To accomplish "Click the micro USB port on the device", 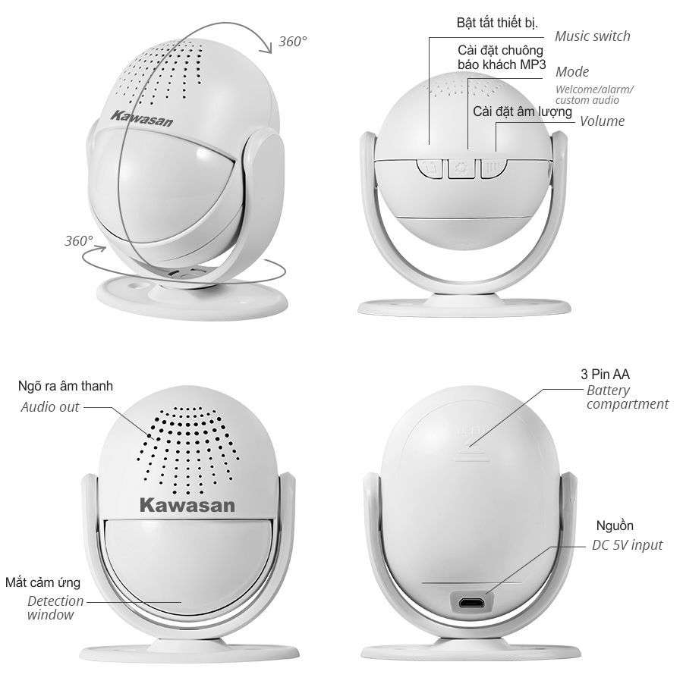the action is (x=472, y=603).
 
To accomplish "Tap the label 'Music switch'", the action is (x=592, y=36).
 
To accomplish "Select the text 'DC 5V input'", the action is (x=628, y=545).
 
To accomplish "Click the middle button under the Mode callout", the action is (x=461, y=168).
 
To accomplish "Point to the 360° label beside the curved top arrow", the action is (x=293, y=42).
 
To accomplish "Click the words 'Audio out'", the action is (x=50, y=407).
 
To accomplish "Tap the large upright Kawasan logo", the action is (x=187, y=505).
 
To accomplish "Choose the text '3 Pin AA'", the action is (x=605, y=375).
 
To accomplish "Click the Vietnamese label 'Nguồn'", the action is (x=615, y=525).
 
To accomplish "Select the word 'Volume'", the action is (x=602, y=121).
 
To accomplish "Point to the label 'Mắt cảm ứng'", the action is (x=43, y=582).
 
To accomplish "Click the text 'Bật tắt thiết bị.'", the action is (x=497, y=23).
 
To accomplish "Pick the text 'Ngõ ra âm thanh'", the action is (x=65, y=386).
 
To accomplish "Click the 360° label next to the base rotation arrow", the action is (x=79, y=241).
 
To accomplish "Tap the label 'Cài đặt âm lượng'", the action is (x=522, y=111).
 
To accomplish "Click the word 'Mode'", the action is (x=572, y=72).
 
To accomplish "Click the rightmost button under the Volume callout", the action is (x=493, y=168).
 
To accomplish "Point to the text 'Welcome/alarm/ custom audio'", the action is (x=594, y=95).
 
